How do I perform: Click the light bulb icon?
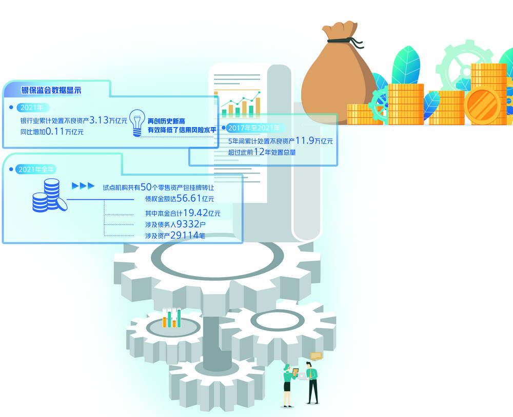(x=136, y=123)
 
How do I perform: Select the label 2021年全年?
(x=34, y=169)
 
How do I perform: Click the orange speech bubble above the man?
(x=316, y=356)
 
